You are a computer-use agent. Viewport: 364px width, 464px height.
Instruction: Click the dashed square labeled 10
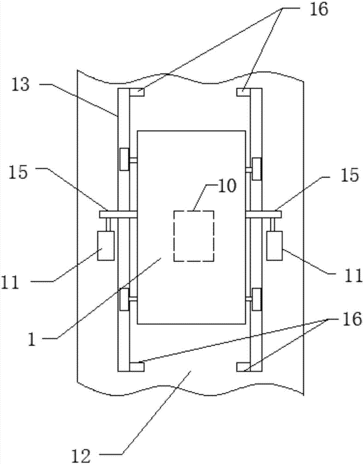tap(194, 236)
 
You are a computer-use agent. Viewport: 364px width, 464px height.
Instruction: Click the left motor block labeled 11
tap(105, 245)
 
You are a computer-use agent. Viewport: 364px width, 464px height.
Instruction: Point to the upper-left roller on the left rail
tap(124, 160)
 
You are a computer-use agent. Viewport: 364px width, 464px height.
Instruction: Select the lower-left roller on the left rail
tap(124, 299)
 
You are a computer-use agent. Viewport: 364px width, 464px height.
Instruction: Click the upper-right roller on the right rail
tap(256, 168)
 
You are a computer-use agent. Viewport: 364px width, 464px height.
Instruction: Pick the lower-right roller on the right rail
tap(256, 299)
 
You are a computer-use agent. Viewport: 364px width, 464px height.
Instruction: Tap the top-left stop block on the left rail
tap(138, 92)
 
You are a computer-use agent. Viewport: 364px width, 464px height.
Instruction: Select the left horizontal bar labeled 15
tap(117, 214)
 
